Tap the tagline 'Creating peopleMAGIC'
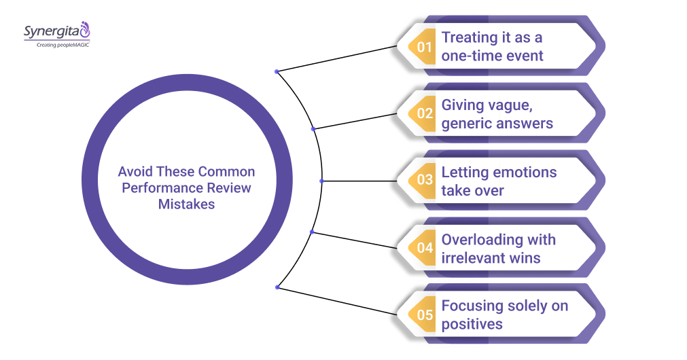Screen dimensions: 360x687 point(56,45)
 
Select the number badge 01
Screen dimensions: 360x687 point(425,47)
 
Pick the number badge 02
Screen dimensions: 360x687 point(425,114)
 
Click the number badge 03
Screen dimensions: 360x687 point(425,181)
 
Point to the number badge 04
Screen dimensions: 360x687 point(425,248)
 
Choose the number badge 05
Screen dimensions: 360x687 point(425,314)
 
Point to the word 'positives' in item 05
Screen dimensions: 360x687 point(472,324)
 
